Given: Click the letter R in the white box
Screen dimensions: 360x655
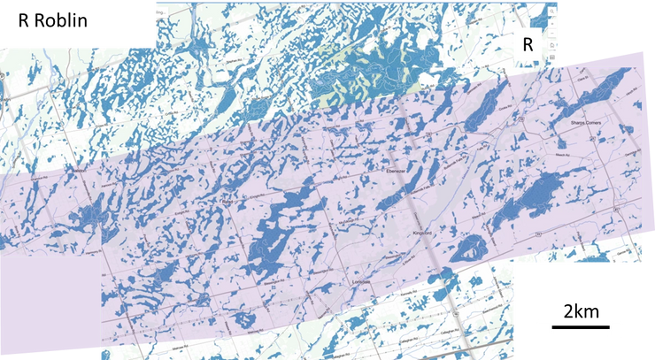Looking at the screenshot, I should (x=528, y=44).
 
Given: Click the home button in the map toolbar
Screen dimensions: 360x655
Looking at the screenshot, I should (x=553, y=33).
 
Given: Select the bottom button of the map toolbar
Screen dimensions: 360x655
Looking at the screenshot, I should (x=553, y=57).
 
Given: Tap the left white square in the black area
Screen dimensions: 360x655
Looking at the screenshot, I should (x=544, y=329).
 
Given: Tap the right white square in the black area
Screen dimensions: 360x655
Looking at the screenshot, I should (x=615, y=329).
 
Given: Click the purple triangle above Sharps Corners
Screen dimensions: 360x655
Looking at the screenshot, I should (x=611, y=62).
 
